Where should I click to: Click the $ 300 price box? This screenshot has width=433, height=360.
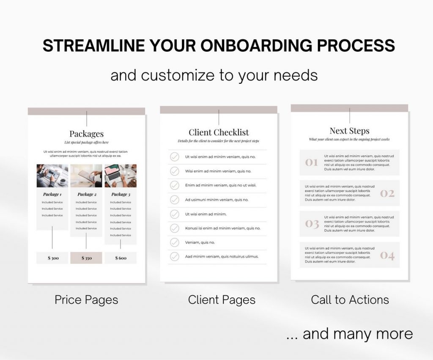click(52, 258)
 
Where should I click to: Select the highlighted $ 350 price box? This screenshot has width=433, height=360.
click(86, 258)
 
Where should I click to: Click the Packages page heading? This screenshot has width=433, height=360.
click(86, 134)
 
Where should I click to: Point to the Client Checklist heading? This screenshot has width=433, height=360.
click(219, 132)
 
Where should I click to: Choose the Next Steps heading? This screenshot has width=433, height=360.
click(349, 131)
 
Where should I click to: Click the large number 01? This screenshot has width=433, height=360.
click(312, 162)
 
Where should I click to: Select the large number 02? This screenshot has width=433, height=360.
click(387, 193)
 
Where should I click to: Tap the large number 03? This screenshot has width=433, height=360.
click(312, 224)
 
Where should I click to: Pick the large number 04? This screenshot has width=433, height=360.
click(387, 255)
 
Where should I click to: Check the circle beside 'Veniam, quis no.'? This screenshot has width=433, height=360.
click(175, 242)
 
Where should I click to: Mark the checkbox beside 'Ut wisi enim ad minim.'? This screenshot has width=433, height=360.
click(175, 214)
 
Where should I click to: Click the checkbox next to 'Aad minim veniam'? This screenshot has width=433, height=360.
click(175, 256)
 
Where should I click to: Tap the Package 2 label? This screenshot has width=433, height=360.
click(86, 194)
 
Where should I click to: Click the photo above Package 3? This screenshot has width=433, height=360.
click(120, 176)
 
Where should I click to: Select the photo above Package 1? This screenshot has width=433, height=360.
click(52, 176)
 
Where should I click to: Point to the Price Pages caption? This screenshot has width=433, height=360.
click(86, 300)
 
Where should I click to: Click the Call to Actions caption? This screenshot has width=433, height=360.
click(350, 300)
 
